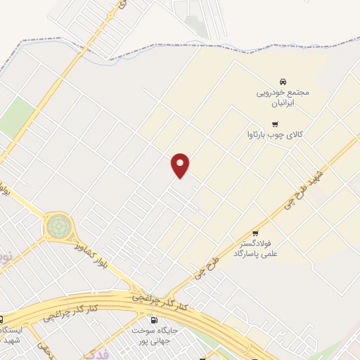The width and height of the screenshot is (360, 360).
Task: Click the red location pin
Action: click(181, 166)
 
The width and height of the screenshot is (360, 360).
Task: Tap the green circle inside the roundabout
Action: click(58, 227)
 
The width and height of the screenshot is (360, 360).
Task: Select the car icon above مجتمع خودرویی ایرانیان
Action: click(283, 81)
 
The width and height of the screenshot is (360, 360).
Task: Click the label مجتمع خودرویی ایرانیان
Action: click(283, 97)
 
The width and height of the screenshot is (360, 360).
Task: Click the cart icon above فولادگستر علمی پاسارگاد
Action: click(255, 233)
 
